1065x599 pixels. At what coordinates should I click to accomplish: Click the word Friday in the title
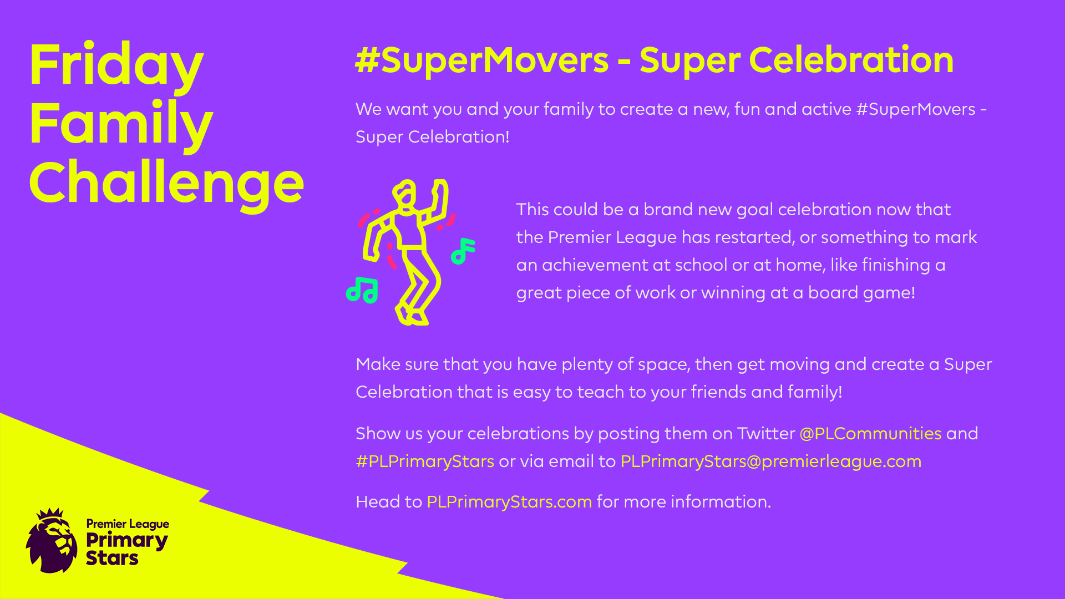pyautogui.click(x=116, y=65)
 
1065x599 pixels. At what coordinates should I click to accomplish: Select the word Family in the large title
pyautogui.click(x=121, y=125)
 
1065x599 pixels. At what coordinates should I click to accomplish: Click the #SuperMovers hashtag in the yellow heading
pyautogui.click(x=481, y=60)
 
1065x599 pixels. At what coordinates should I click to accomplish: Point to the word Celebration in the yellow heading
pyautogui.click(x=851, y=60)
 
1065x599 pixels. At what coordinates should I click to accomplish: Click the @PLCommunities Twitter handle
pyautogui.click(x=870, y=433)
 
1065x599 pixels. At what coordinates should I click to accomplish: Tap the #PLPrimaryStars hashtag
pyautogui.click(x=425, y=461)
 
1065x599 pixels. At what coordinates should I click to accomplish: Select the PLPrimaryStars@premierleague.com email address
pyautogui.click(x=771, y=461)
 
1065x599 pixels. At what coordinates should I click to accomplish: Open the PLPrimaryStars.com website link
pyautogui.click(x=509, y=501)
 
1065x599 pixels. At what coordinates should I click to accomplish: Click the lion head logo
pyautogui.click(x=52, y=541)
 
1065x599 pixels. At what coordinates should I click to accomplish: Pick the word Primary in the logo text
pyautogui.click(x=127, y=541)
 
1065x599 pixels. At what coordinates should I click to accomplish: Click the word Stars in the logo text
pyautogui.click(x=112, y=558)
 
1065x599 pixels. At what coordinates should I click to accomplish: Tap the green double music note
pyautogui.click(x=362, y=290)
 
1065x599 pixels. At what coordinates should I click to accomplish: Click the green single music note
pyautogui.click(x=463, y=251)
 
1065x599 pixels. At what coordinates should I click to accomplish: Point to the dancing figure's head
pyautogui.click(x=405, y=195)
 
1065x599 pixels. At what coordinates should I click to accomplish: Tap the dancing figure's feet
pyautogui.click(x=411, y=314)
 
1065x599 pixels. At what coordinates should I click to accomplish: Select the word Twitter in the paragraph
pyautogui.click(x=765, y=433)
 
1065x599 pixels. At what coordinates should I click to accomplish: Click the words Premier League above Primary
pyautogui.click(x=128, y=524)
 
